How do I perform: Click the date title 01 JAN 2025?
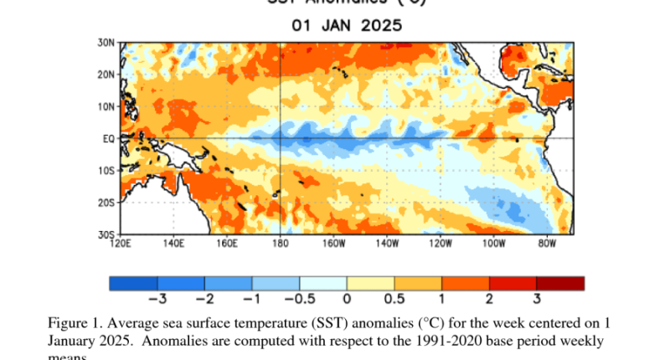click(347, 25)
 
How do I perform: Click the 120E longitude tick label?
click(121, 244)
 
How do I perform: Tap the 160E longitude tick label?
click(227, 244)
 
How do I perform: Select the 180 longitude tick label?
click(280, 244)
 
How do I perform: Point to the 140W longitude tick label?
click(386, 244)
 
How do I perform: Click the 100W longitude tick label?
click(493, 244)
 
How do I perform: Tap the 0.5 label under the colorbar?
click(393, 298)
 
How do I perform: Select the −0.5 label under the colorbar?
click(296, 298)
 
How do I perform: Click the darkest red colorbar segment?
click(560, 283)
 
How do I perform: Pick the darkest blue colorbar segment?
click(133, 283)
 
